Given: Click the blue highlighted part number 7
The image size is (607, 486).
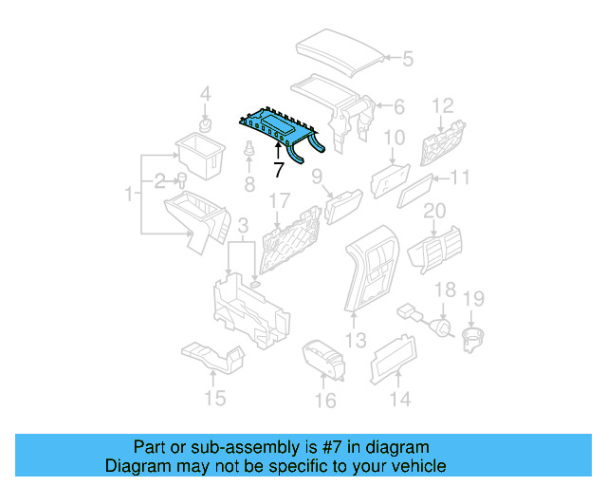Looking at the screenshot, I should [x=280, y=127].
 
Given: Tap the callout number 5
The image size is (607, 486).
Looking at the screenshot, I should [x=407, y=59].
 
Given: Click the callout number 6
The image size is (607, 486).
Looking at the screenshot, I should [x=398, y=106].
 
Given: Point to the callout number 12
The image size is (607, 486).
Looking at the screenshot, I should [x=444, y=104].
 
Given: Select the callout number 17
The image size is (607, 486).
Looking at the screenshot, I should [x=278, y=201].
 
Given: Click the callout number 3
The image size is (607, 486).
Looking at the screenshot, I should [x=243, y=225].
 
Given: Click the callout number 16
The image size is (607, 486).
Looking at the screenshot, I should [x=324, y=401].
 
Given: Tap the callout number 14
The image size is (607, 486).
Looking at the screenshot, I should [x=401, y=400].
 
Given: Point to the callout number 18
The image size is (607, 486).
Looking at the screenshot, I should [x=445, y=290].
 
